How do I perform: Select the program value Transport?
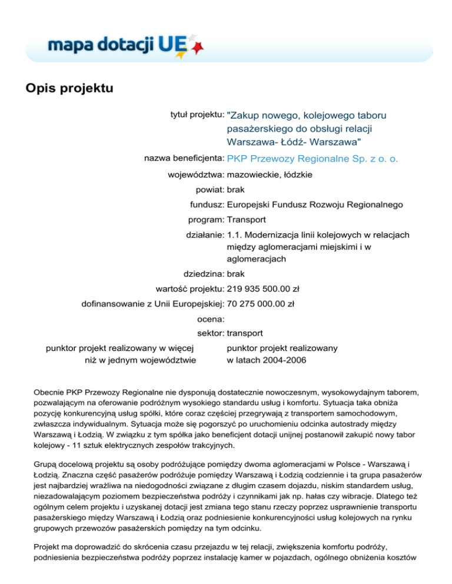point(246,220)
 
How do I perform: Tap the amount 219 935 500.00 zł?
point(263,288)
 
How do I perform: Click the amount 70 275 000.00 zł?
point(261,304)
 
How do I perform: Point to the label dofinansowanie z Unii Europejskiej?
point(152,304)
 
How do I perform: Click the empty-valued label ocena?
point(211,319)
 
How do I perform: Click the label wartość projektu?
point(189,288)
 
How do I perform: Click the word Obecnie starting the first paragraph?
point(49,391)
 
